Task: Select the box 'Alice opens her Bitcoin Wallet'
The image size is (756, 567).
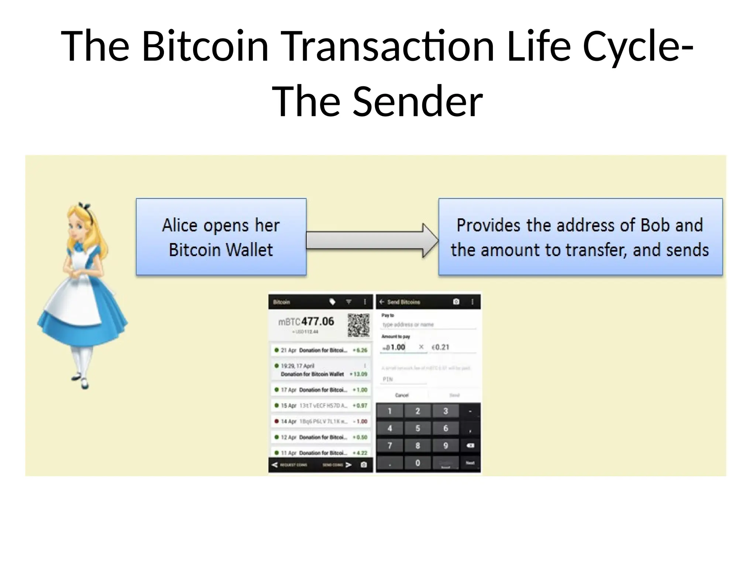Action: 221,237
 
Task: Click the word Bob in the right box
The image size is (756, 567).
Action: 653,225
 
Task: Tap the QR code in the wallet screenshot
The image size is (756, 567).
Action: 358,325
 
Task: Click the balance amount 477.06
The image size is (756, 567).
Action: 317,322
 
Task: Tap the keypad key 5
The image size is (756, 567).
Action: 417,429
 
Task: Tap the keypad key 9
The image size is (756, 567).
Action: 446,446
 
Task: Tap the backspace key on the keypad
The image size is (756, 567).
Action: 470,446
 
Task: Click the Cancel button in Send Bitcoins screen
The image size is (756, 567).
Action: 402,395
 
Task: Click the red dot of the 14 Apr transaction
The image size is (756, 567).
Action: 276,421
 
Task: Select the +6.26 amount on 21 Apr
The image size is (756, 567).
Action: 360,350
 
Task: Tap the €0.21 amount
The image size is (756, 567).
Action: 441,347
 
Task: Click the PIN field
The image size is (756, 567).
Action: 403,379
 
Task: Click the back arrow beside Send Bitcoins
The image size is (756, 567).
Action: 382,302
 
